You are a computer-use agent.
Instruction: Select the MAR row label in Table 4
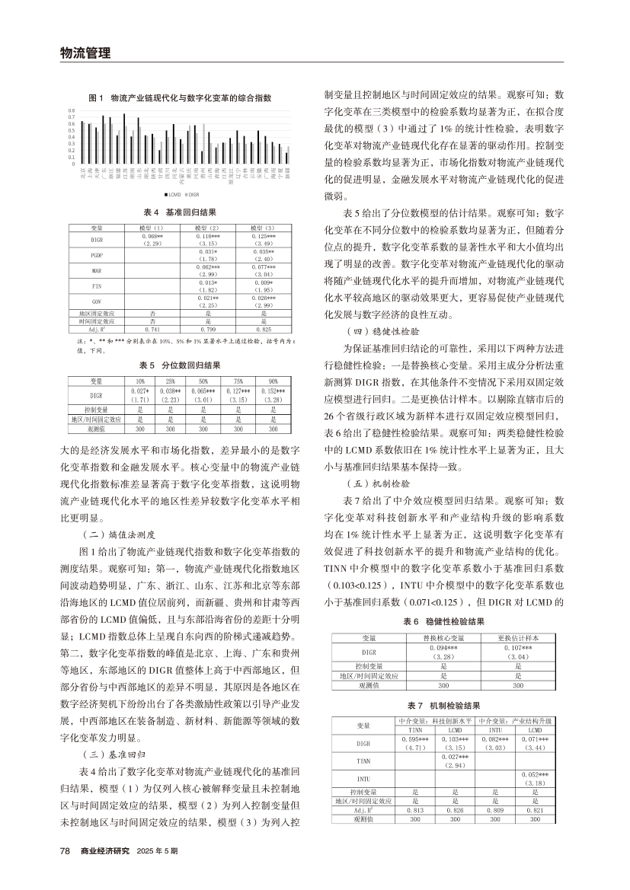click(97, 270)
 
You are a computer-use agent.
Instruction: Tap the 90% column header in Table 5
click(273, 380)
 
